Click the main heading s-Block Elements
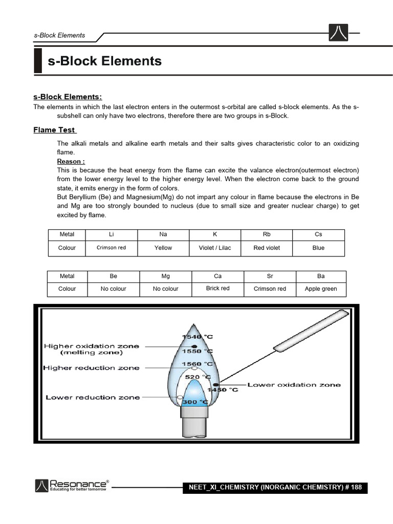104,61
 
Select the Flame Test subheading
54,130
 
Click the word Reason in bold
71,161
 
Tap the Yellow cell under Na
163,248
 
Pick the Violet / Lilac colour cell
215,248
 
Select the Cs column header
318,234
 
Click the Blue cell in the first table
318,248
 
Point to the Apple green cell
321,289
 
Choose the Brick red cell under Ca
217,288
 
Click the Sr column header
270,276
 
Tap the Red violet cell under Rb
267,248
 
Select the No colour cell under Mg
165,289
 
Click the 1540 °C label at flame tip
198,336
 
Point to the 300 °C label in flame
195,402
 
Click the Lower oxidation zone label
294,385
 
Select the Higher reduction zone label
91,368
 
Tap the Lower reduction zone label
93,397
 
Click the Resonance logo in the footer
72,485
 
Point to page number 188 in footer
356,487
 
